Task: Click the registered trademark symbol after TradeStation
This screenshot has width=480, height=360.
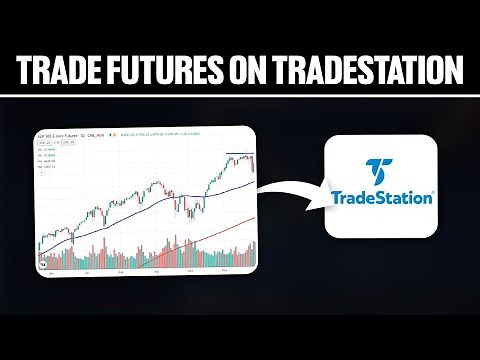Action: click(432, 192)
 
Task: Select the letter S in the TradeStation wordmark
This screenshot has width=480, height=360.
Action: click(393, 197)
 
